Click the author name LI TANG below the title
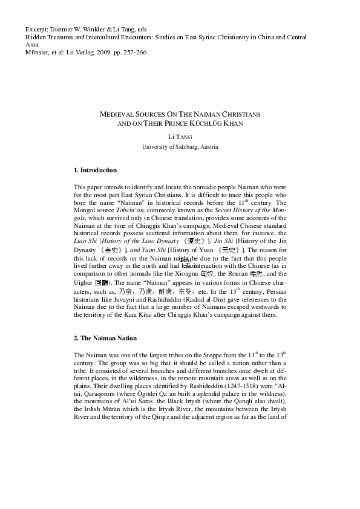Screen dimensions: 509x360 tap(180, 138)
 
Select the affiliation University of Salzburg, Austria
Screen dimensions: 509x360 tap(180, 147)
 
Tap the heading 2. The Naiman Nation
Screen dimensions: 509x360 tap(105, 338)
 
